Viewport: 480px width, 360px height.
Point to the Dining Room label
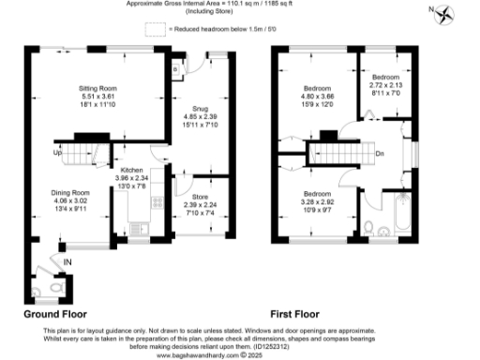[x=69, y=192]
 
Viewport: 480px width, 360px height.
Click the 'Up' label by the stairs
[x=57, y=153]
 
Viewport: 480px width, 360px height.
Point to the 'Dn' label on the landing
[x=380, y=154]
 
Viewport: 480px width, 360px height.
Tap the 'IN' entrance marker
[x=67, y=261]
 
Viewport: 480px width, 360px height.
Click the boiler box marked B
[x=176, y=67]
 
